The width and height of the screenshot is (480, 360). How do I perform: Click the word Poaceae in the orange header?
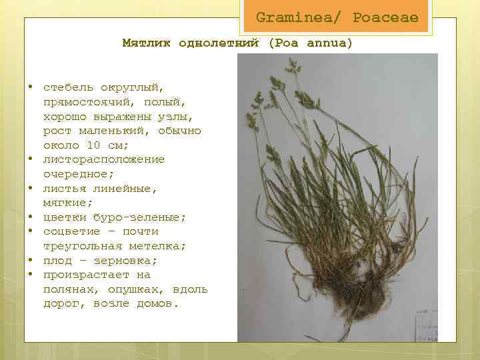tap(385, 17)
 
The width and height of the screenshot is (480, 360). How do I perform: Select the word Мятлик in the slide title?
tap(144, 43)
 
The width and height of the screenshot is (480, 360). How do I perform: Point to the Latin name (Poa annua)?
tap(310, 43)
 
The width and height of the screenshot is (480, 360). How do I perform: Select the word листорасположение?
tap(104, 159)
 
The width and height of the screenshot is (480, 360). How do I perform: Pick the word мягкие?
tap(69, 203)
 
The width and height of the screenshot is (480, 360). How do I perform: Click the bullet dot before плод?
tap(31, 261)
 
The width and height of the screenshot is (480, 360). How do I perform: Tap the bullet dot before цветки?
tap(31, 217)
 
